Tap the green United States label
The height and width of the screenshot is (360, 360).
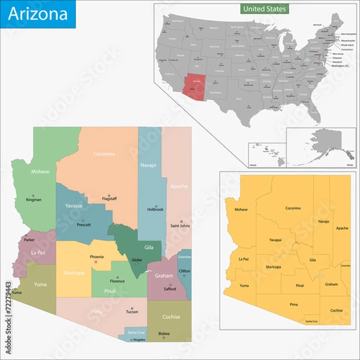(x=265, y=9)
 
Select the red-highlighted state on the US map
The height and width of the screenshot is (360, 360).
(x=193, y=83)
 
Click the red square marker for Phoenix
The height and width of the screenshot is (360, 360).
(x=95, y=262)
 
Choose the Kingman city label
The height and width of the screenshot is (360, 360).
(x=34, y=199)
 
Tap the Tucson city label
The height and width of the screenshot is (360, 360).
(x=132, y=311)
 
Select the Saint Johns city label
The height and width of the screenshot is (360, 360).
(x=180, y=226)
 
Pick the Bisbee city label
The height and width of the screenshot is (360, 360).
(x=163, y=333)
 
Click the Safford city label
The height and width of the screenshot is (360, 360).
(x=170, y=289)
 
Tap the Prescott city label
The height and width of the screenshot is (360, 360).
(x=84, y=226)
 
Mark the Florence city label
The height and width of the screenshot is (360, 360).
(x=117, y=281)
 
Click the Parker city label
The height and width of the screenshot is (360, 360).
(x=29, y=240)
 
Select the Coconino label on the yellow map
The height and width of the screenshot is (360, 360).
(x=293, y=208)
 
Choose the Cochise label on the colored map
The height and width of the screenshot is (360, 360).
(x=172, y=317)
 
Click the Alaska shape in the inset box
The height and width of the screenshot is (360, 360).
(x=326, y=142)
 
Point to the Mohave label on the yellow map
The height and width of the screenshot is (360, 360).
(x=241, y=209)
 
